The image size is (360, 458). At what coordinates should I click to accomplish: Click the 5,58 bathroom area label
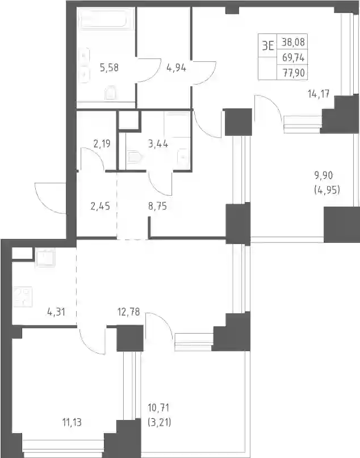(109, 68)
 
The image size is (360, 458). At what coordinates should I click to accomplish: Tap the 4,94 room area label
(176, 68)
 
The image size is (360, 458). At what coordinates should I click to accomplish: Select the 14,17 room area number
(319, 94)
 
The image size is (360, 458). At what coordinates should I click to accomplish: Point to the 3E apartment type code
(267, 46)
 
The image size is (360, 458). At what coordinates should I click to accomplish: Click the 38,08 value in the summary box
(293, 43)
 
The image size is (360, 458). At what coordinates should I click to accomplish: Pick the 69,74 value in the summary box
(293, 58)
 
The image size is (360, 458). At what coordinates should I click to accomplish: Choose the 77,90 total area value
(294, 73)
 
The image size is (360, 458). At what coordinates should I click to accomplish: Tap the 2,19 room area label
(102, 144)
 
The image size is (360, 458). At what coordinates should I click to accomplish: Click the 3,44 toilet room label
(158, 144)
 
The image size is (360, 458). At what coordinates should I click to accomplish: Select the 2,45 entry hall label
(101, 207)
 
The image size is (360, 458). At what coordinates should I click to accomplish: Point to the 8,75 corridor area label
(157, 207)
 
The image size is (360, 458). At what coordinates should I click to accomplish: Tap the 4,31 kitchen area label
(56, 312)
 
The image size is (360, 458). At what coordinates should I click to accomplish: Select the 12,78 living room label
(128, 312)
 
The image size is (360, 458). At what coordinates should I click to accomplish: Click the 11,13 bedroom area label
(72, 422)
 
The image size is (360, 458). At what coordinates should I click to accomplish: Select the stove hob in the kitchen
(23, 297)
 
